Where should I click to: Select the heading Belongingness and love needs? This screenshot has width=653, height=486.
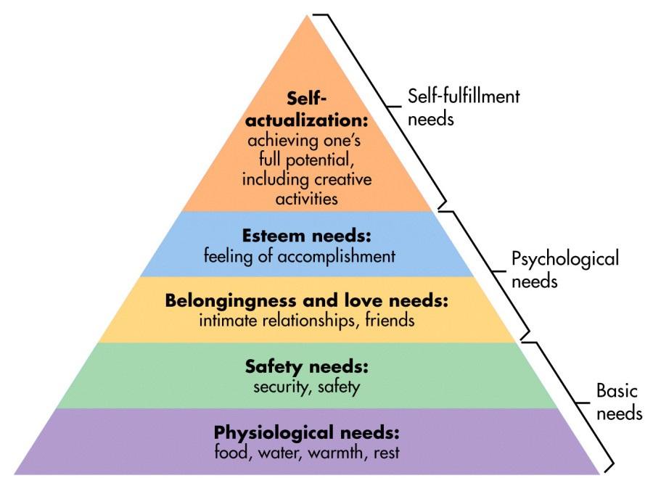pos(308,300)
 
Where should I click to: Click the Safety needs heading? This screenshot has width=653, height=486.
pos(307,366)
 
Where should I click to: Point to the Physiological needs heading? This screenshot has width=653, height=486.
pos(307,433)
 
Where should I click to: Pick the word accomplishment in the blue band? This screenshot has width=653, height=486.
pos(340,256)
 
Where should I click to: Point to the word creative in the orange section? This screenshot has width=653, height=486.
pos(347,179)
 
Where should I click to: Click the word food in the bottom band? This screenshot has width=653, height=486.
pos(230,452)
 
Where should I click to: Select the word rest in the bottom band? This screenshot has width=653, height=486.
pos(387,452)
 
